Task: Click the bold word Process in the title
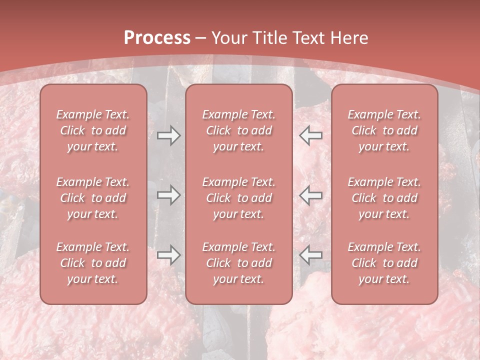tap(157, 38)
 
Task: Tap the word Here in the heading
tap(349, 38)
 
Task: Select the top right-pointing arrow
tap(168, 135)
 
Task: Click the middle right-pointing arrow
tap(168, 195)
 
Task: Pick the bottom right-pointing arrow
tap(168, 255)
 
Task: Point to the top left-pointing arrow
tap(310, 135)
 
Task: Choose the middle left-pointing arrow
tap(310, 195)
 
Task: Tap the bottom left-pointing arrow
tap(310, 255)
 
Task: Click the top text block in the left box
tap(93, 130)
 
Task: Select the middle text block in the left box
tap(93, 198)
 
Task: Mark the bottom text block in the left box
tap(93, 263)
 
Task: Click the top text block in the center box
tap(238, 130)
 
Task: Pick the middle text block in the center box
tap(238, 198)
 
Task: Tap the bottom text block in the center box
tap(238, 263)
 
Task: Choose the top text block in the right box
tap(384, 130)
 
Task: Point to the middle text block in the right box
tap(384, 198)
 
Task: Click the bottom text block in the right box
tap(384, 263)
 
